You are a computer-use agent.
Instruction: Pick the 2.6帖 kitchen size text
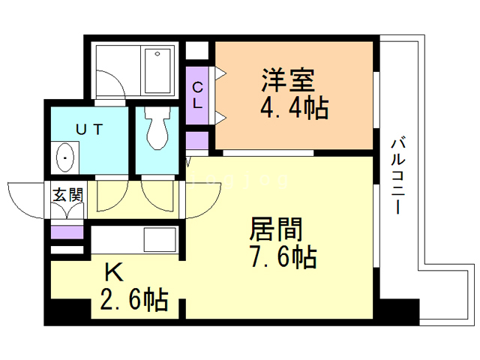(133, 302)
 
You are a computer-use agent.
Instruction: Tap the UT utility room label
(88, 130)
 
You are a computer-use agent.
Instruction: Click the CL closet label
(197, 96)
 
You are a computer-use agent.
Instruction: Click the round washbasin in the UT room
(65, 159)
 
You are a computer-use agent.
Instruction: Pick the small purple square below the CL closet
(197, 140)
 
